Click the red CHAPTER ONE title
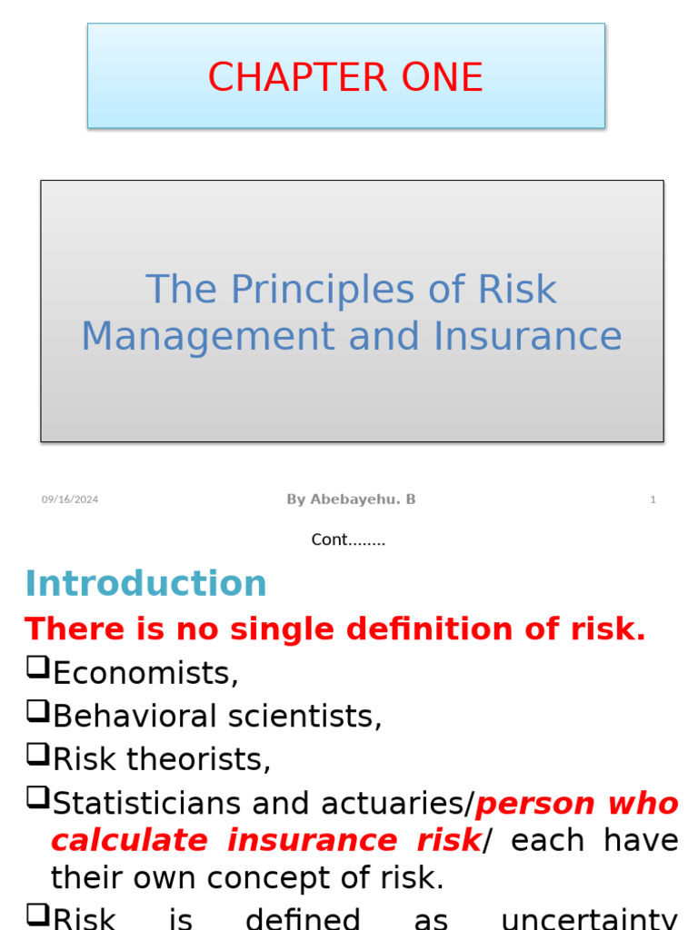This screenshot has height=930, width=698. [x=345, y=77]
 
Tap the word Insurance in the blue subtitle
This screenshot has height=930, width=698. [x=528, y=335]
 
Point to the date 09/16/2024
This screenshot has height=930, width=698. [x=70, y=500]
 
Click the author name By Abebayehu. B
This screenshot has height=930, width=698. [x=351, y=500]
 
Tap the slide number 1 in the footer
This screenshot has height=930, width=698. [x=653, y=500]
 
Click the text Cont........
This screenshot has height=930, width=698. [x=348, y=539]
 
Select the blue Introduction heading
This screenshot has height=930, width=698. [x=145, y=583]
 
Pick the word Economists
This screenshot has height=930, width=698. [x=145, y=673]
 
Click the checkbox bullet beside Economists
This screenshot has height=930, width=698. [x=36, y=670]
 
